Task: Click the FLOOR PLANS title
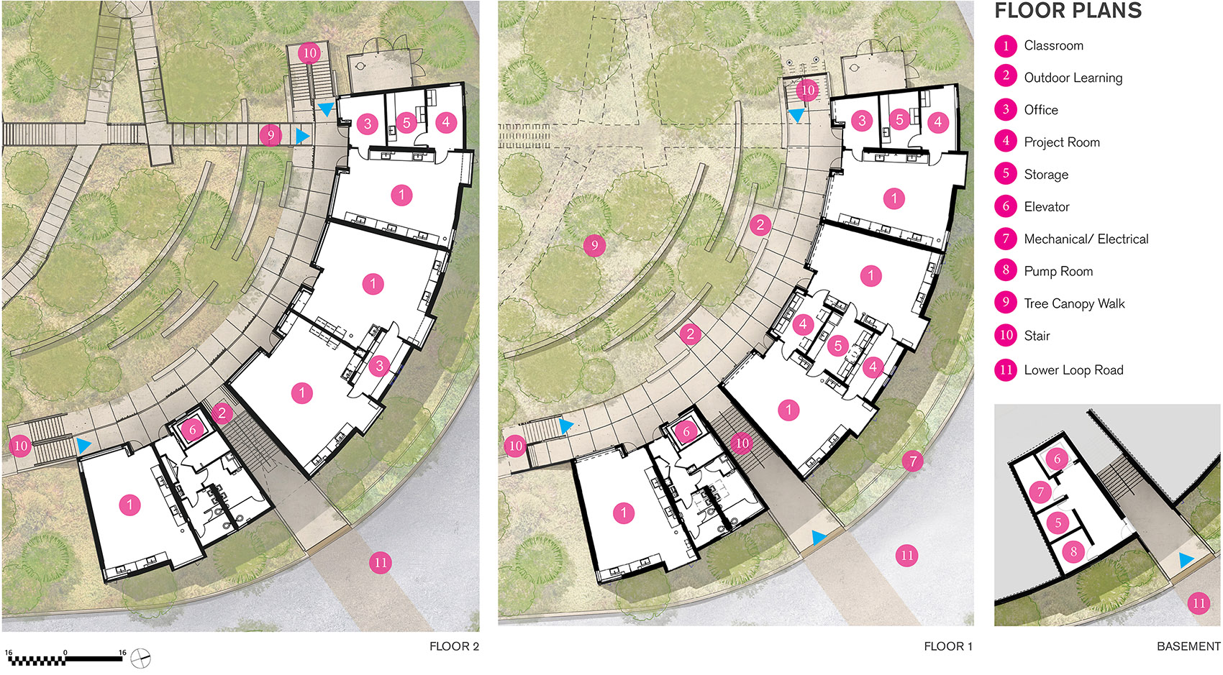(x=1068, y=11)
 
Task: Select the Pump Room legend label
(x=1058, y=271)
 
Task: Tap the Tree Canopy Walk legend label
(x=1074, y=303)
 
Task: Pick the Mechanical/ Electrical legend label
(x=1086, y=239)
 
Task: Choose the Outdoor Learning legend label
(x=1073, y=78)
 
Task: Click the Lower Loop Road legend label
(x=1073, y=370)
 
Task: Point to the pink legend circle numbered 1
(x=1006, y=46)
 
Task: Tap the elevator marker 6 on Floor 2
(x=192, y=430)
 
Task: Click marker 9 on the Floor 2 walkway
(x=270, y=134)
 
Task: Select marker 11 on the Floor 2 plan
(x=381, y=563)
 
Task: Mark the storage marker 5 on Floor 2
(x=406, y=123)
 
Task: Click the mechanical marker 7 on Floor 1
(x=913, y=462)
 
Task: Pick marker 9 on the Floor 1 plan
(x=594, y=246)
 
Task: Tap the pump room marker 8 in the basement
(x=1073, y=552)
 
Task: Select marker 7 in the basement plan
(x=1041, y=492)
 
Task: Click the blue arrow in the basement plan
(x=1185, y=560)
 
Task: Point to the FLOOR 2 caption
(x=454, y=647)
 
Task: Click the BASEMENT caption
(x=1188, y=647)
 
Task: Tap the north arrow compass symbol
(x=141, y=658)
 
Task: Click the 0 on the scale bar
(x=65, y=653)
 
